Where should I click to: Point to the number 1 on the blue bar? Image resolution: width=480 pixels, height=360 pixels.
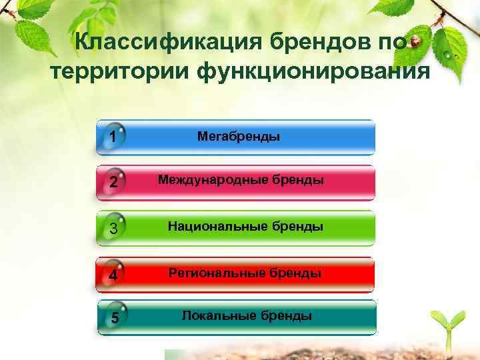coord(113,137)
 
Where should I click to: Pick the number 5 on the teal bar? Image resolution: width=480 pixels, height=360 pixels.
coord(115,317)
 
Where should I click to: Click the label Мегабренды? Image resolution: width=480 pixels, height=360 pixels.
coord(239,136)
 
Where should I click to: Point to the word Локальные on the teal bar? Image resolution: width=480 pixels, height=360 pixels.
coord(219,315)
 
